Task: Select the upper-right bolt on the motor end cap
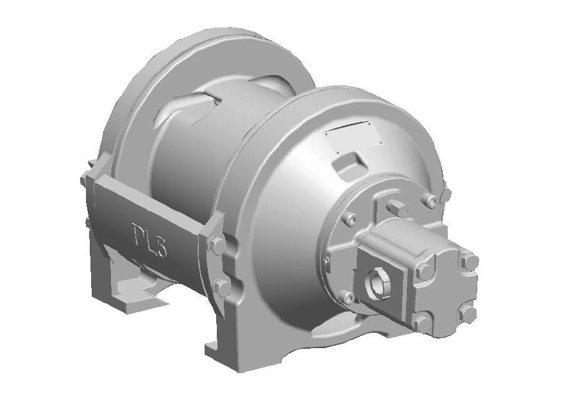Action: (469, 261)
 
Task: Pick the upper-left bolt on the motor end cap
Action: (424, 271)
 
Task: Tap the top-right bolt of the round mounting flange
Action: (429, 201)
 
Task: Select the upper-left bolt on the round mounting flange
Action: (349, 219)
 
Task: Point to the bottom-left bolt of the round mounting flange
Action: (347, 297)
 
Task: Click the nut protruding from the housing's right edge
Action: (445, 193)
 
